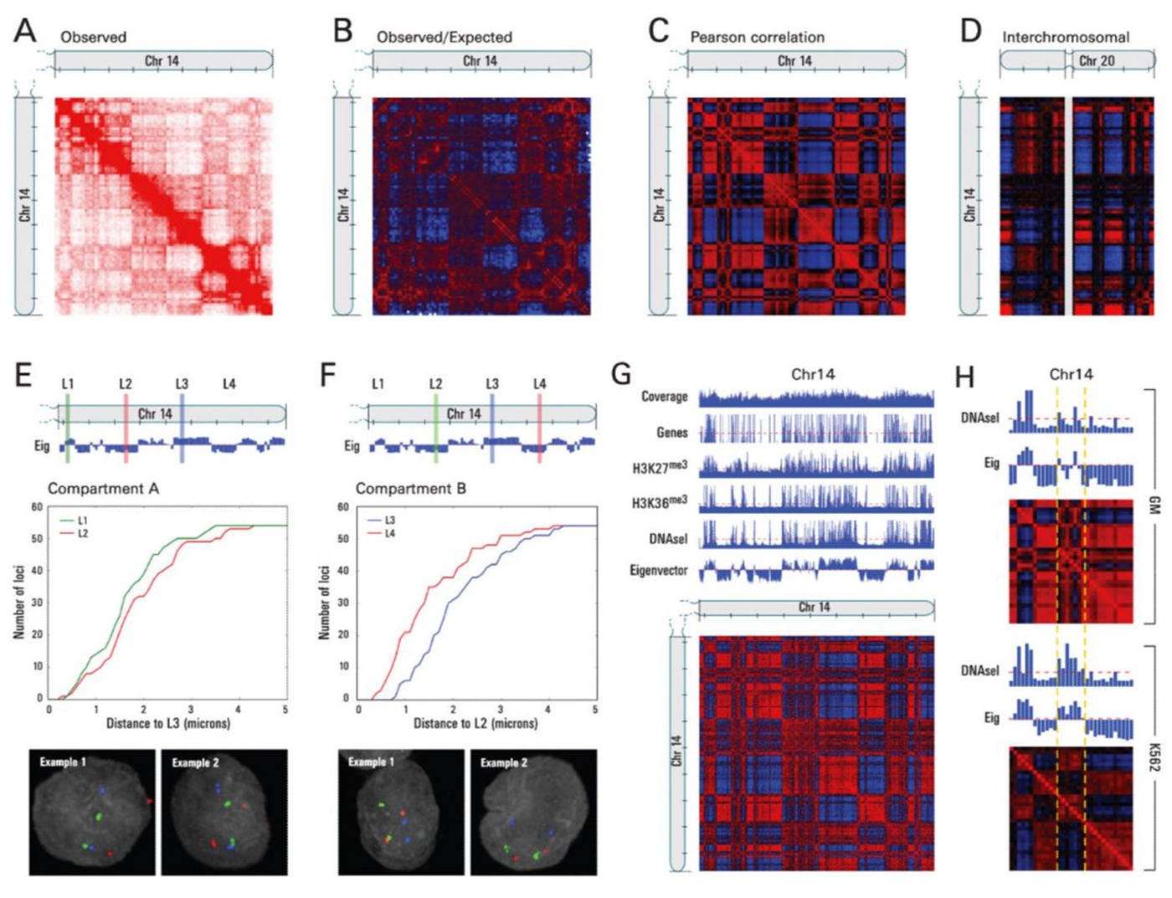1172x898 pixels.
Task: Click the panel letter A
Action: point(25,31)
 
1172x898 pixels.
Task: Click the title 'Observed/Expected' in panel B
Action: point(444,37)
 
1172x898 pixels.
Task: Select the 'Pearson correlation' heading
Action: point(757,37)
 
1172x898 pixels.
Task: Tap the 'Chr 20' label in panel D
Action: point(1097,60)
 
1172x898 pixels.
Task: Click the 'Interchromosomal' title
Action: point(1066,37)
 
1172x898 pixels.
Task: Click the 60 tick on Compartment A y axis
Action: point(37,507)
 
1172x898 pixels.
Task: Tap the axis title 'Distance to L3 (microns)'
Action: point(167,722)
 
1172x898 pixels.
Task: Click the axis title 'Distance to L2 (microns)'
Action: point(475,722)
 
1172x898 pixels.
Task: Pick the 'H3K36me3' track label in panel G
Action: point(659,501)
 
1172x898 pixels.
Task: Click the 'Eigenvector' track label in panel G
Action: point(658,571)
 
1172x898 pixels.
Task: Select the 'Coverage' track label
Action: point(664,397)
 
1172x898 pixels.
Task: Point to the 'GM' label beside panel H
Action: point(1155,505)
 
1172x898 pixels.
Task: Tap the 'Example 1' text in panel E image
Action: point(62,762)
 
